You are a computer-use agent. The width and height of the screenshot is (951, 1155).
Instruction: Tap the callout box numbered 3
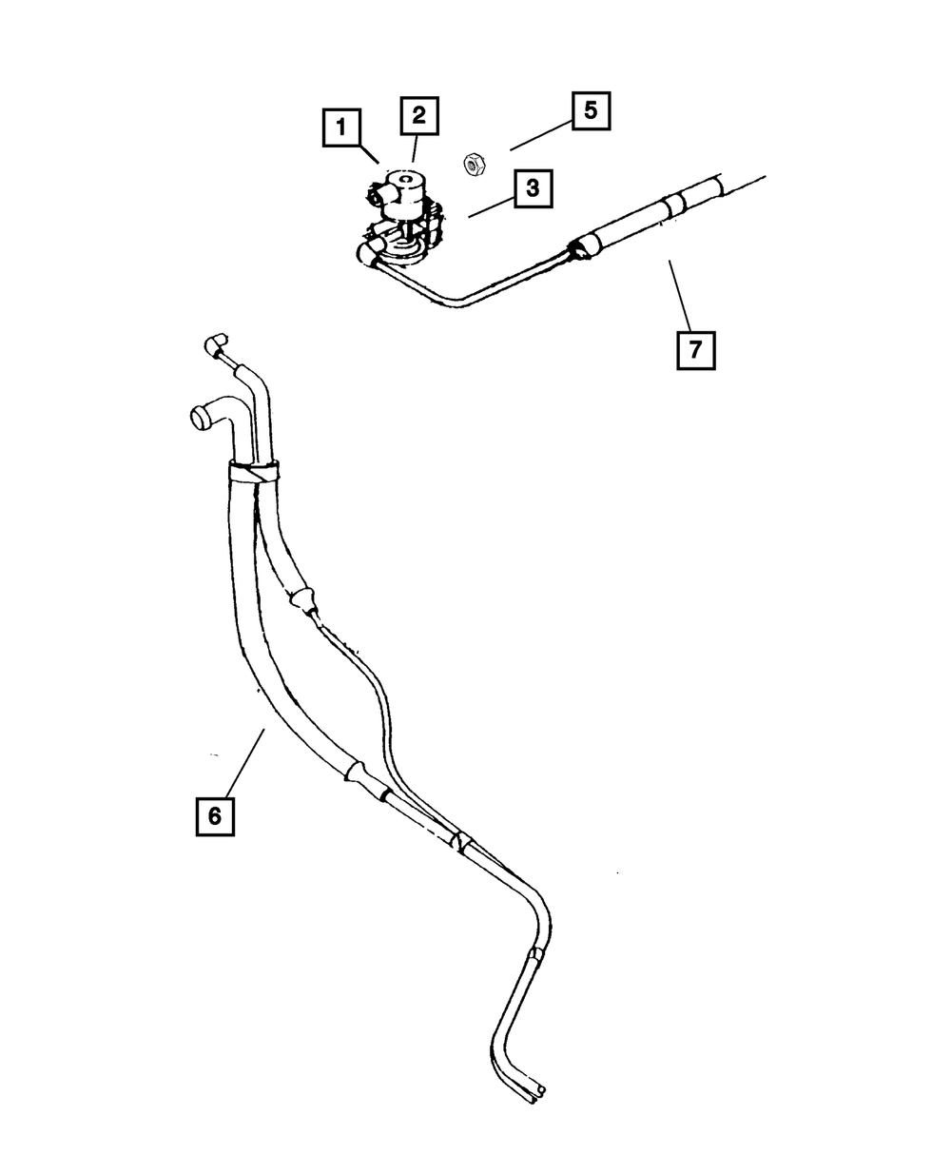tap(533, 187)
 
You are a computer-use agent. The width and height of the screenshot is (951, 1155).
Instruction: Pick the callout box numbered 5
tap(590, 110)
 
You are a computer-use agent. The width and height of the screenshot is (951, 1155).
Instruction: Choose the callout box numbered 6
tap(215, 815)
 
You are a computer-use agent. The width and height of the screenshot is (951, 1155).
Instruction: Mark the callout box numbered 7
tap(695, 349)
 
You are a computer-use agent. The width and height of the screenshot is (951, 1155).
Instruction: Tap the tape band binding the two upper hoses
tap(254, 471)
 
